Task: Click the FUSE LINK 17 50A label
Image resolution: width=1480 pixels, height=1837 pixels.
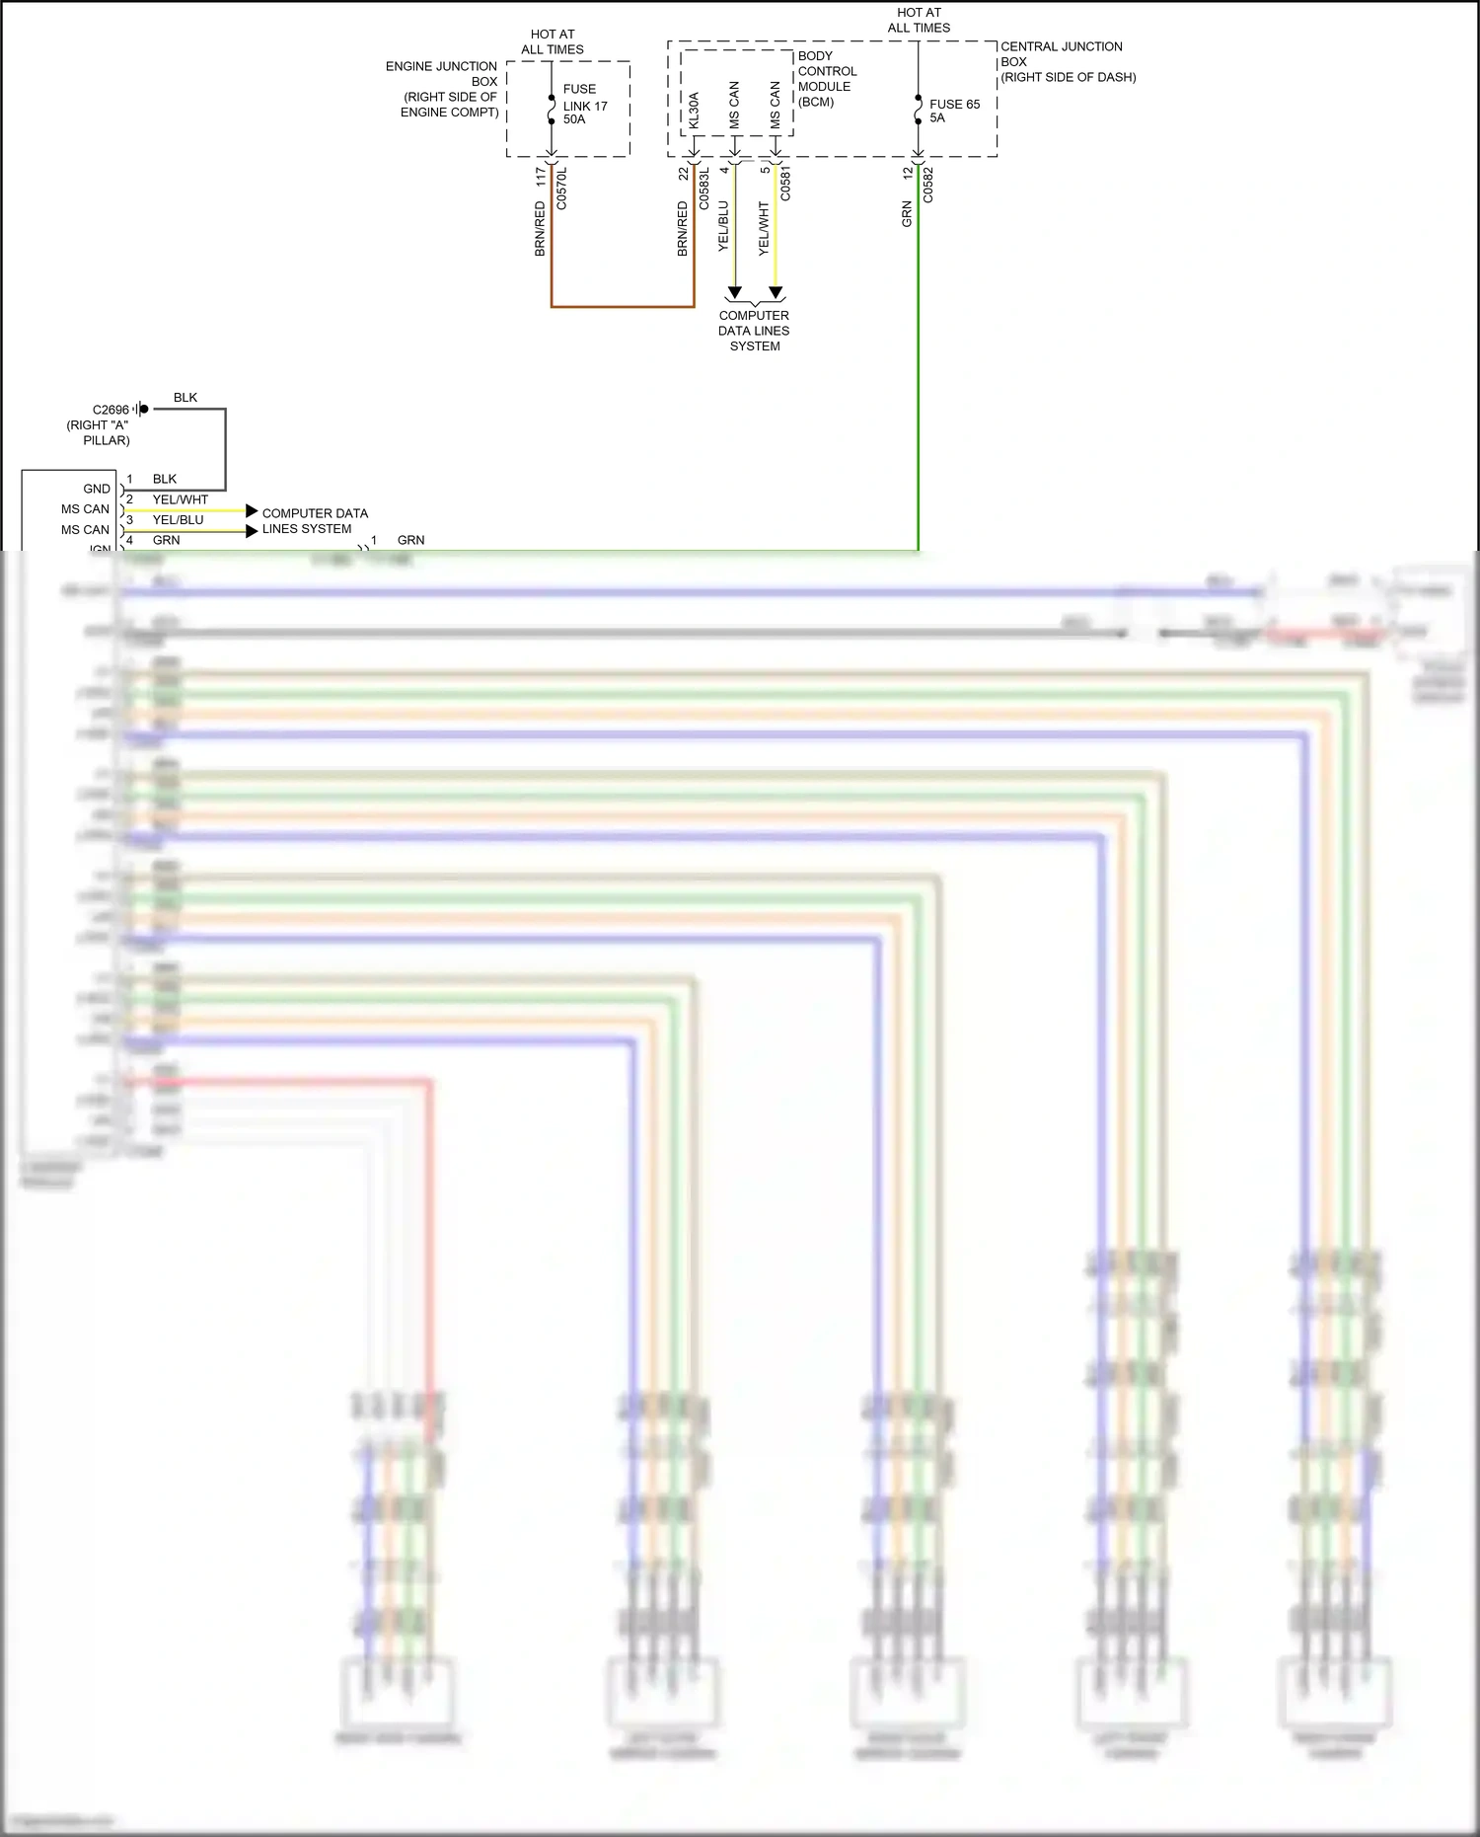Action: click(x=585, y=104)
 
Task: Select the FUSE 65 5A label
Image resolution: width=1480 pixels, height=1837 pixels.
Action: click(x=954, y=111)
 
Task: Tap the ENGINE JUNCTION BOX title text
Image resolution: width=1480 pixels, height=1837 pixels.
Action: click(x=442, y=89)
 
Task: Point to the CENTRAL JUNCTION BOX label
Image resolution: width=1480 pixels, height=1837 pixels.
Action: click(x=1068, y=61)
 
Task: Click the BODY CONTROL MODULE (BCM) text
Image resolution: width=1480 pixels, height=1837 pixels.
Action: click(x=826, y=79)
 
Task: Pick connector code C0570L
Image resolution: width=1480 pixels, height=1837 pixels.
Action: click(x=561, y=188)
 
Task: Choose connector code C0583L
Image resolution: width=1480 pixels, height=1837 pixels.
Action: click(x=703, y=188)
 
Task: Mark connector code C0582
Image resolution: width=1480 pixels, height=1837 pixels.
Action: click(x=927, y=185)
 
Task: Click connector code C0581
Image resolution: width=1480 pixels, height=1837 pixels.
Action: click(x=785, y=184)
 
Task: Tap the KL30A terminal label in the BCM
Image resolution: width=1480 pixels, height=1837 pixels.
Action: click(x=694, y=111)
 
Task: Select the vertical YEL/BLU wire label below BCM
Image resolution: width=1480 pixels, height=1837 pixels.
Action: click(x=723, y=226)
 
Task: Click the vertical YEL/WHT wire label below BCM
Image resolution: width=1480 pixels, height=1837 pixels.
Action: click(x=764, y=229)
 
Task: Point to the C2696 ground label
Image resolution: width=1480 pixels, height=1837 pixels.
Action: click(x=111, y=410)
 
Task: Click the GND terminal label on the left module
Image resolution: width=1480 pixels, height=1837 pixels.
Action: click(x=97, y=489)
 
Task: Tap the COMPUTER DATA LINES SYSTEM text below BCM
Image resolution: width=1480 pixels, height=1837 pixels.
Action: click(x=754, y=331)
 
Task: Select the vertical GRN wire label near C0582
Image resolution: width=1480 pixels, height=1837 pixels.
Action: click(x=907, y=214)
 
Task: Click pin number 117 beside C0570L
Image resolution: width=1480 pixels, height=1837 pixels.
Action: click(x=541, y=177)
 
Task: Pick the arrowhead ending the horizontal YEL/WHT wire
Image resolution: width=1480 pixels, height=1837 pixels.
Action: click(x=252, y=511)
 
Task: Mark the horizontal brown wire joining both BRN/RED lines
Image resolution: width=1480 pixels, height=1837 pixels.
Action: click(x=623, y=307)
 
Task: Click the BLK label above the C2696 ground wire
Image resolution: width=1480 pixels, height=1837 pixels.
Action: click(x=185, y=398)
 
